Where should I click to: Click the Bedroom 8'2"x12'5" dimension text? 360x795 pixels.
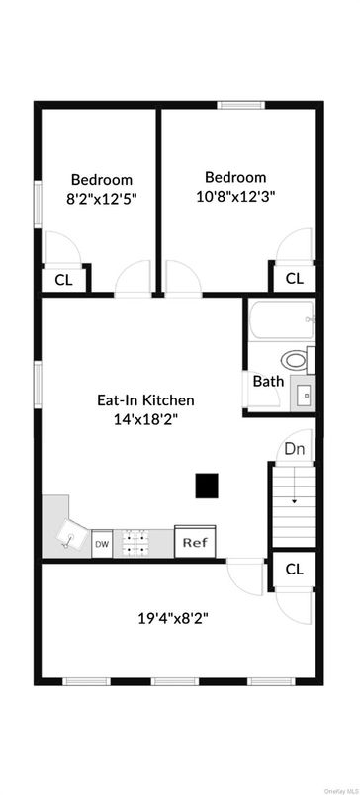(x=102, y=198)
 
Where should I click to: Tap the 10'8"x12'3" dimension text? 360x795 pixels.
(x=235, y=196)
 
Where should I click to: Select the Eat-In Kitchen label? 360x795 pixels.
(x=145, y=400)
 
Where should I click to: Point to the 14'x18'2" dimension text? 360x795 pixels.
(x=145, y=419)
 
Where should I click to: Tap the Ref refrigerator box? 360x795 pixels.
(x=194, y=542)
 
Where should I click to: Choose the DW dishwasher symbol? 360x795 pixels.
(x=102, y=544)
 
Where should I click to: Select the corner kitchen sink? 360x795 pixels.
(x=67, y=535)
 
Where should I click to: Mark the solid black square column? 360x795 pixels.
(x=206, y=486)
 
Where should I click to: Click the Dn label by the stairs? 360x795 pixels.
(x=294, y=449)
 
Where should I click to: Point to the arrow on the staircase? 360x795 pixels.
(x=294, y=500)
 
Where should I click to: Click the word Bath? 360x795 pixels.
(x=269, y=381)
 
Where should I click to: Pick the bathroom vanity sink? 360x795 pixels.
(x=305, y=394)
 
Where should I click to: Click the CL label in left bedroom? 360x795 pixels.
(x=63, y=280)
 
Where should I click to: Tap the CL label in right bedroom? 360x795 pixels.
(x=294, y=279)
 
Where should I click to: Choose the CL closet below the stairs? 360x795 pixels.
(x=294, y=569)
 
